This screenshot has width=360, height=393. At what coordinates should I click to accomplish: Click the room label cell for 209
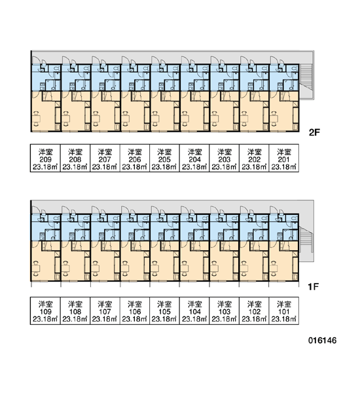[x=45, y=158]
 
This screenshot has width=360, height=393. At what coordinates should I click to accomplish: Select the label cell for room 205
[x=164, y=158]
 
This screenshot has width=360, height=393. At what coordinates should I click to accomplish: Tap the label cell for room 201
[x=284, y=158]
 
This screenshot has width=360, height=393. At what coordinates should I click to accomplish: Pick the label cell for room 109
[x=45, y=310]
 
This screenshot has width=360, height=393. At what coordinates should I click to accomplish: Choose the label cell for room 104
[x=194, y=310]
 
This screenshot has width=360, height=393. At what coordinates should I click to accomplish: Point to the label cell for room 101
[x=284, y=310]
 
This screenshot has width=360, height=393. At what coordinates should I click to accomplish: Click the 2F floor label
[x=314, y=132]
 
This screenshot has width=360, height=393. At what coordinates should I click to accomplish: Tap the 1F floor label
[x=313, y=286]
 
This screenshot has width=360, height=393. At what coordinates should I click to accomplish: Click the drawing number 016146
[x=323, y=341]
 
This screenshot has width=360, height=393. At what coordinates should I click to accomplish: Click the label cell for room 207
[x=105, y=158]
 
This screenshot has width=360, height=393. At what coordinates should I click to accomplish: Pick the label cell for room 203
[x=225, y=158]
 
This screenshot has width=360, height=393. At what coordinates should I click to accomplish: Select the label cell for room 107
[x=105, y=310]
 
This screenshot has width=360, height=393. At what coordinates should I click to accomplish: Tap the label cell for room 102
[x=254, y=310]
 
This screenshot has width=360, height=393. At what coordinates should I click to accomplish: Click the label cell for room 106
[x=135, y=310]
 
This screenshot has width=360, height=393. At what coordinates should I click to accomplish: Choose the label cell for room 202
[x=254, y=158]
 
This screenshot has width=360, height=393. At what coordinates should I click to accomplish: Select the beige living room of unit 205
[x=162, y=115]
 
